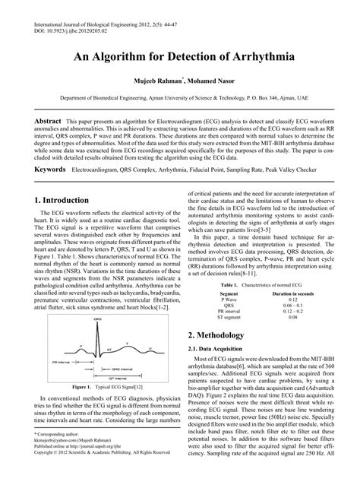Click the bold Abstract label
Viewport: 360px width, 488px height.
[46, 121]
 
